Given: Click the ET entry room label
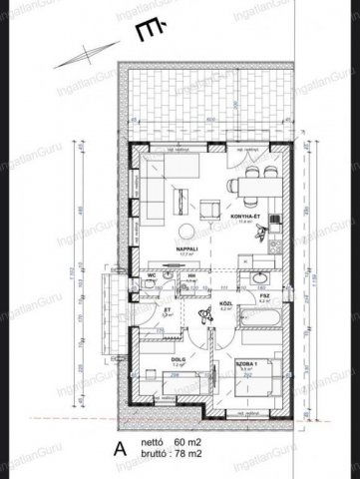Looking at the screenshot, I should pos(140,310).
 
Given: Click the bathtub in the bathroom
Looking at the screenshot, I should pos(257,320).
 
